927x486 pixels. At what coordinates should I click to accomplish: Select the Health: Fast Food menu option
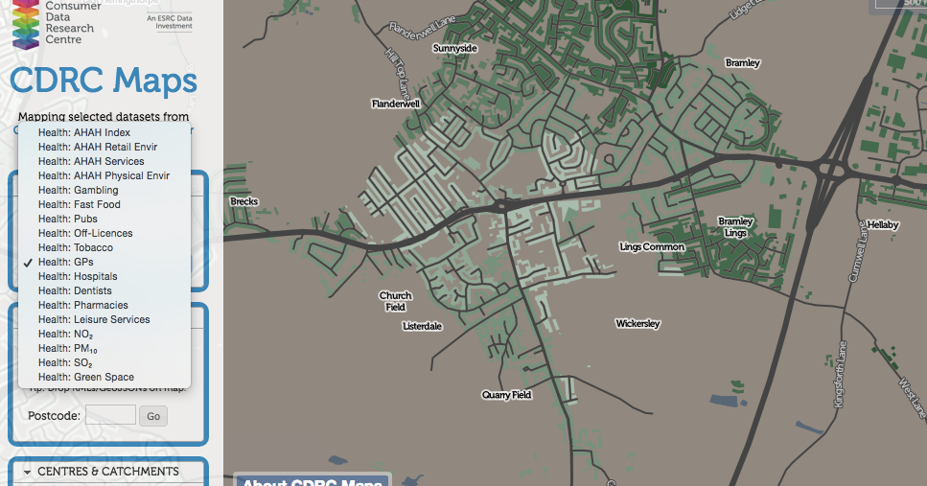(x=80, y=204)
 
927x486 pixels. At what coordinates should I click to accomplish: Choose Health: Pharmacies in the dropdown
(x=82, y=305)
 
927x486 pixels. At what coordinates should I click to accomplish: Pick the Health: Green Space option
(x=86, y=377)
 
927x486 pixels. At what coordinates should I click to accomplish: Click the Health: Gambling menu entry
(x=79, y=190)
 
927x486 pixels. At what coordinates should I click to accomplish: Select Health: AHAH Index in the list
(x=84, y=132)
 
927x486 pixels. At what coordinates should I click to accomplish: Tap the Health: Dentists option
(x=75, y=290)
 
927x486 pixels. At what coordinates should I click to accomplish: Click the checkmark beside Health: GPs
(x=28, y=262)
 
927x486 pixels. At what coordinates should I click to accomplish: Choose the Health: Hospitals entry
(x=78, y=276)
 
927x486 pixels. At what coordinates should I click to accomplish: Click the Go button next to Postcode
(x=153, y=416)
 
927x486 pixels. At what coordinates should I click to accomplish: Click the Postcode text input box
(x=110, y=415)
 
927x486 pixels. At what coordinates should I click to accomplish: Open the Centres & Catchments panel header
(x=107, y=472)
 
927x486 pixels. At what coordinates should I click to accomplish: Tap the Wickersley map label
(x=637, y=324)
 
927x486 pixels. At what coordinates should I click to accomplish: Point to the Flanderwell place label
(x=396, y=104)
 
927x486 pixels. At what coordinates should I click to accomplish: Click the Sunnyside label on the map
(x=454, y=47)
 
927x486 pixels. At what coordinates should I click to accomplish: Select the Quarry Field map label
(x=506, y=395)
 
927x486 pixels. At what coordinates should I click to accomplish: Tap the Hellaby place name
(x=883, y=224)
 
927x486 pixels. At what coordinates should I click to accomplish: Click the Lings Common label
(x=652, y=247)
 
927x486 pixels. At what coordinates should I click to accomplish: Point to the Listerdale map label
(x=422, y=326)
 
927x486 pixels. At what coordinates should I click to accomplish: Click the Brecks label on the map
(x=244, y=201)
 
